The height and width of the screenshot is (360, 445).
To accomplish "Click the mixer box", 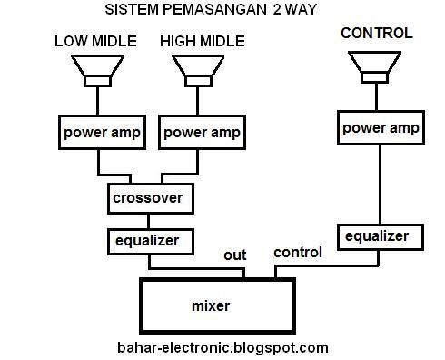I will [x=217, y=306].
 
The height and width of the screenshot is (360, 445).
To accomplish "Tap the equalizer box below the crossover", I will [x=153, y=241].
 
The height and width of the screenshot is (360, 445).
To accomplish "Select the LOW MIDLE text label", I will [x=96, y=41].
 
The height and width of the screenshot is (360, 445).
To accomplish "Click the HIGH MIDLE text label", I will [x=203, y=41].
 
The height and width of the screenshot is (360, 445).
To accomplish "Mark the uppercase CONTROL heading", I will [x=376, y=34].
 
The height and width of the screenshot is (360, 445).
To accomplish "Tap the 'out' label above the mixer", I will [x=235, y=255].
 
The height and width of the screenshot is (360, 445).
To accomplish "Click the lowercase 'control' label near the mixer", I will [x=297, y=252].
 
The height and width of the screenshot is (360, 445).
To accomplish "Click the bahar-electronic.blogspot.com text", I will [x=222, y=347].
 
